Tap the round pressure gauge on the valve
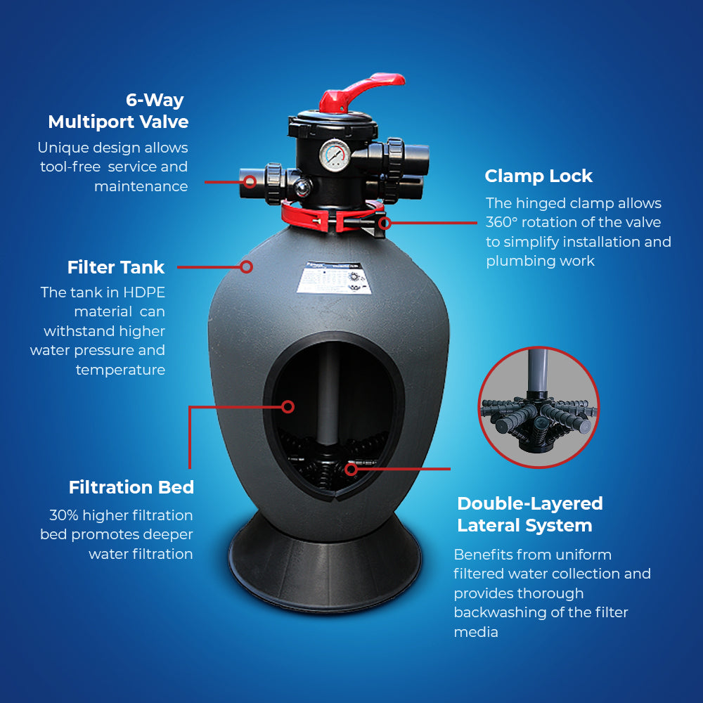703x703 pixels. [335, 155]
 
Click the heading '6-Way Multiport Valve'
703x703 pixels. [118, 111]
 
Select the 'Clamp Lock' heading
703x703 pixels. [538, 176]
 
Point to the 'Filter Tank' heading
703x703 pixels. [116, 267]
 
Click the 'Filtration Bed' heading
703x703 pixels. [131, 487]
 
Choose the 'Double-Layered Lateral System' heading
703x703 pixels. [530, 515]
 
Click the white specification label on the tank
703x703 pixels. [334, 278]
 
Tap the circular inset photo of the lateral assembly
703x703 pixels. [538, 407]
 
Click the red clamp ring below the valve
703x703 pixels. [332, 217]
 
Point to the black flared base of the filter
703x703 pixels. [325, 565]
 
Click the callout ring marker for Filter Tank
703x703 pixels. [246, 266]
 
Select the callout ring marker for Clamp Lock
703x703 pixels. [385, 222]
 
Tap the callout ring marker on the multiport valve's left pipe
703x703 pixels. [250, 181]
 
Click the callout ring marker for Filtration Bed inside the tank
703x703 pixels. [288, 406]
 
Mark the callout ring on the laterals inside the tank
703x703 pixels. [351, 469]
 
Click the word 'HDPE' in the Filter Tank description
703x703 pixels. [144, 292]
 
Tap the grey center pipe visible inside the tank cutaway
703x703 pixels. [328, 394]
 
